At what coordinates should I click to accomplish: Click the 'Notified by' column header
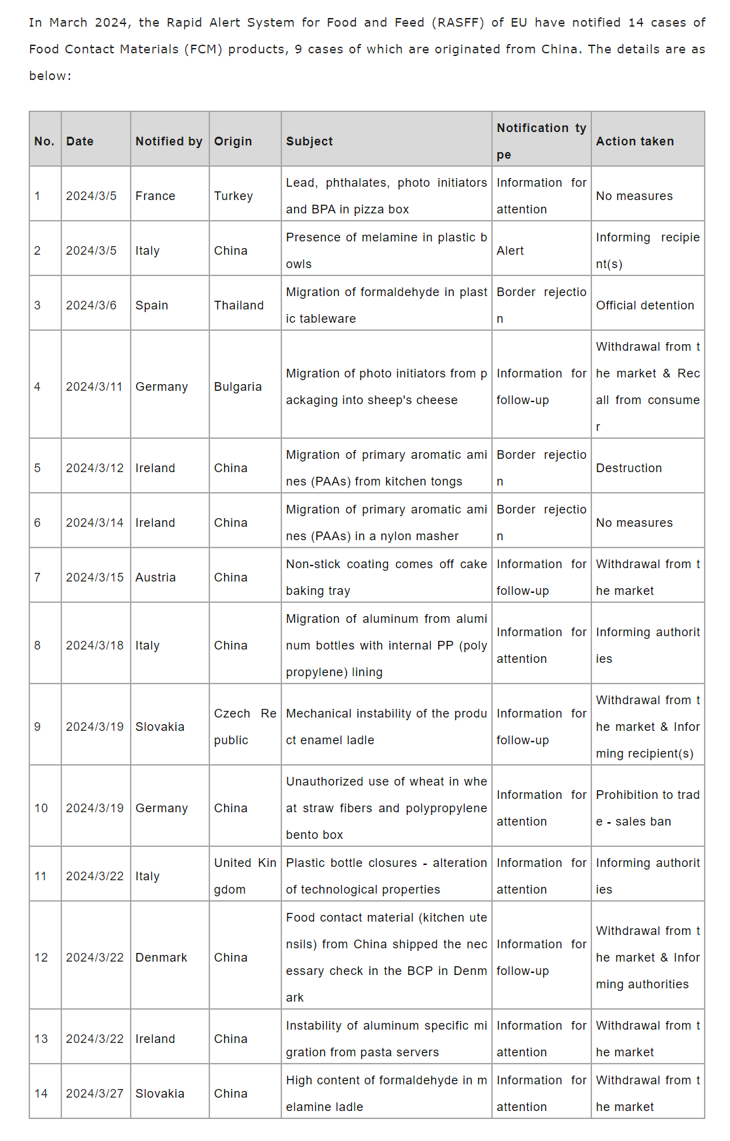[x=169, y=141]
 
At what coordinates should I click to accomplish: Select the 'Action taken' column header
[x=635, y=141]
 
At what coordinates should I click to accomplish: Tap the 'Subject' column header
[x=309, y=141]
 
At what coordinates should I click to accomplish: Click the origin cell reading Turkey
[x=233, y=196]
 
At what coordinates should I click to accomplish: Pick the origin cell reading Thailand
[x=239, y=305]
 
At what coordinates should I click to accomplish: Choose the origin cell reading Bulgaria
[x=237, y=387]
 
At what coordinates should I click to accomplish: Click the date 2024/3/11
[x=94, y=387]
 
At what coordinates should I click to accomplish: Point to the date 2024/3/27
[x=94, y=1094]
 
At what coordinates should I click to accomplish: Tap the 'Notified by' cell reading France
[x=155, y=196]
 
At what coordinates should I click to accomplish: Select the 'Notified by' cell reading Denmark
[x=161, y=958]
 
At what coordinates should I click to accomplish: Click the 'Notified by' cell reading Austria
[x=155, y=578]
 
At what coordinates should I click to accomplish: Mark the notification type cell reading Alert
[x=510, y=251]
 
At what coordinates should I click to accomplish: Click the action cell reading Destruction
[x=629, y=468]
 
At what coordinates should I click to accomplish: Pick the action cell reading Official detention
[x=645, y=305]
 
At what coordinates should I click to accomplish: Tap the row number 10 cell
[x=41, y=808]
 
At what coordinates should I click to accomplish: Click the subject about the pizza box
[x=386, y=196]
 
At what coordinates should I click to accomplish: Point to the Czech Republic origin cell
[x=245, y=727]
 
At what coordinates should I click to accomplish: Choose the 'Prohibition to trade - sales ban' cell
[x=647, y=808]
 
